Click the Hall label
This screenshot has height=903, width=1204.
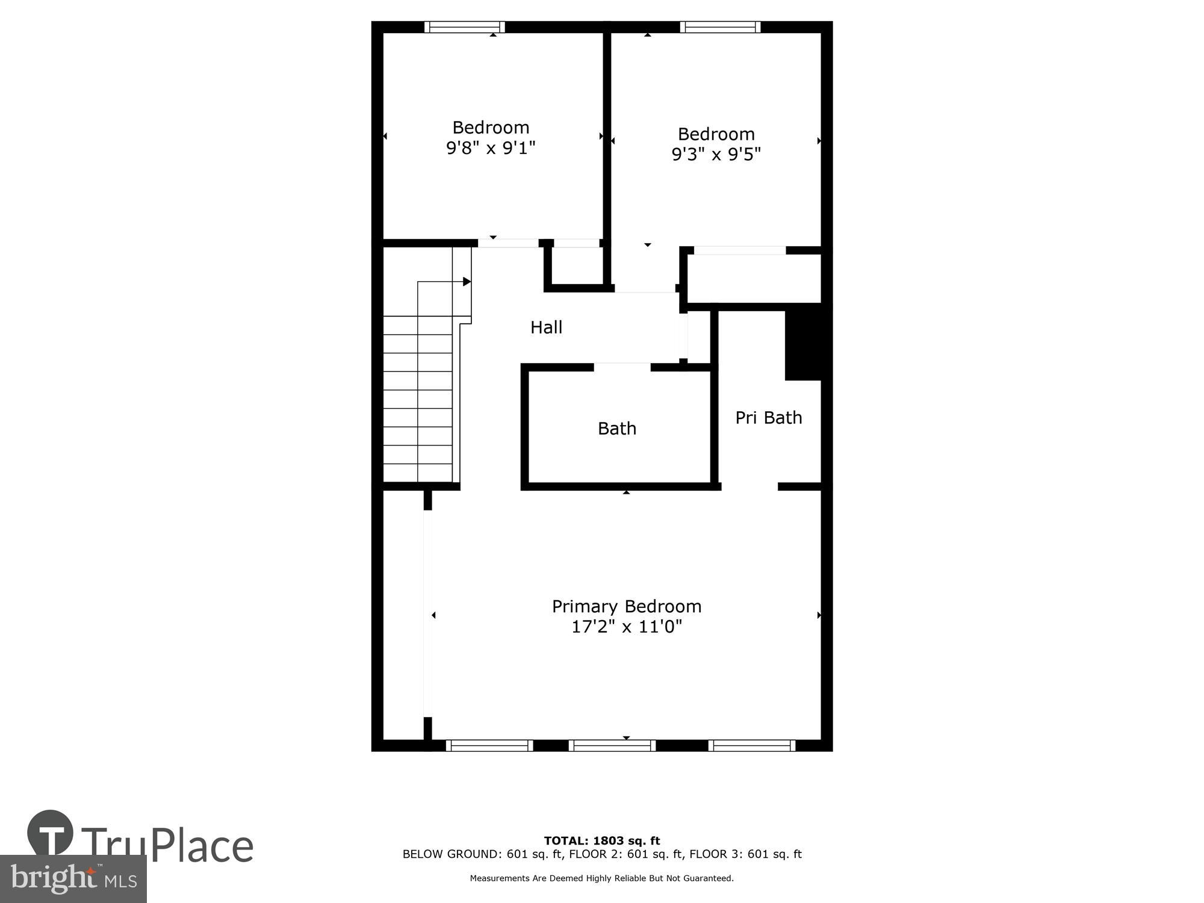point(546,327)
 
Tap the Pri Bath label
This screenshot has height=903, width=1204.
point(768,418)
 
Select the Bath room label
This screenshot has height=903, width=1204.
point(616,429)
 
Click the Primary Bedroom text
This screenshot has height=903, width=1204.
point(626,606)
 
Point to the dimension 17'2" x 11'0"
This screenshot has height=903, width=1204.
point(626,627)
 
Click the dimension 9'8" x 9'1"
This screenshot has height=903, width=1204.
point(491,148)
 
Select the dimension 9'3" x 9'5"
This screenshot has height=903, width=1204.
point(716,155)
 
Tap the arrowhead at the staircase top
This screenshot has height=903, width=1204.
point(467,282)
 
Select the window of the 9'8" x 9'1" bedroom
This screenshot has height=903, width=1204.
point(464,27)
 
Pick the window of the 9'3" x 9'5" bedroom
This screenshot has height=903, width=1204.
point(720,27)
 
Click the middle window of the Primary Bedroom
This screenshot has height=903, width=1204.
point(612,746)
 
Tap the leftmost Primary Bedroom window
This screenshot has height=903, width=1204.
point(489,746)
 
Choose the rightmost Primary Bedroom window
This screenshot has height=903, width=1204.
point(751,746)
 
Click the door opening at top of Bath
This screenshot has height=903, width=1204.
point(622,367)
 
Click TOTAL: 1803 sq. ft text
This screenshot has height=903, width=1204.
point(601,841)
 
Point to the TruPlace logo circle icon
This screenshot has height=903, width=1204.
point(50,833)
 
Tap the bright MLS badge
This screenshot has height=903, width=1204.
point(73,879)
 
